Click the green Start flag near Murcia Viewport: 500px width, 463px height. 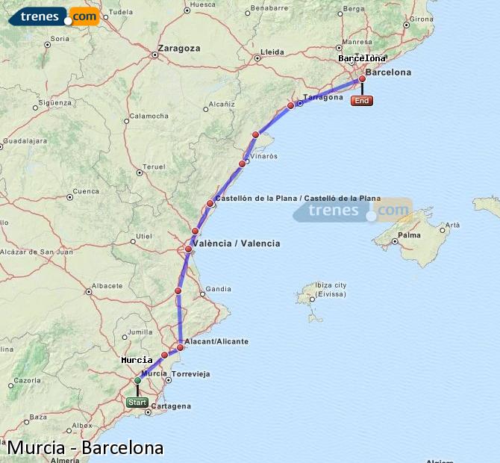point(137,402)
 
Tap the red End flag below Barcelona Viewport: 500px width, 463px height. point(362,101)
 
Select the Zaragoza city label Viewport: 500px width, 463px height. point(179,48)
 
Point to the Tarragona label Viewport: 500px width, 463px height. point(323,97)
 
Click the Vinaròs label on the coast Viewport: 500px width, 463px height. point(263,156)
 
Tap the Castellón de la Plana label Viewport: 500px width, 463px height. point(297,198)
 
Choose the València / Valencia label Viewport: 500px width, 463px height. point(236,243)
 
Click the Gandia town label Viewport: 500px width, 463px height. point(218,289)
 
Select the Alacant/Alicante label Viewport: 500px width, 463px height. point(216,341)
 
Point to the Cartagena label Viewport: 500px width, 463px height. point(171,406)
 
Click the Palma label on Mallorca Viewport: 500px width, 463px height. point(409,235)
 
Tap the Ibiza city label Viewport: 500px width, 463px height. point(331,285)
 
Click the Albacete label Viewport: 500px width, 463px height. point(107,285)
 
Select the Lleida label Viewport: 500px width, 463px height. point(272,52)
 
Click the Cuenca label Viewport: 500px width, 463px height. point(87,190)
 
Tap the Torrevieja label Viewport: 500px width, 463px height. point(190,373)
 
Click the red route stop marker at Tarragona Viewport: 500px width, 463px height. point(291,105)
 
